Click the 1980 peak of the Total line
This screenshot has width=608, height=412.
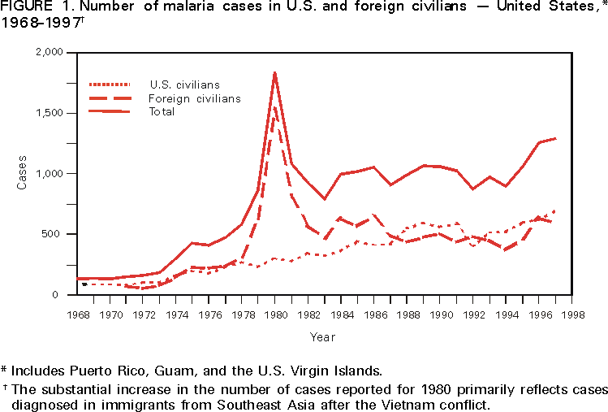pyautogui.click(x=274, y=72)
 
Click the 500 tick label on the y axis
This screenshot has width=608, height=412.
pyautogui.click(x=53, y=234)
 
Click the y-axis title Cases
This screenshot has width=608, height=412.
pyautogui.click(x=22, y=173)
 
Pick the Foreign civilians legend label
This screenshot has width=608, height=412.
pyautogui.click(x=195, y=98)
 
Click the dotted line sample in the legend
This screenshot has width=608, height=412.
pyautogui.click(x=109, y=84)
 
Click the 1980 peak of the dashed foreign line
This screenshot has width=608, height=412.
pyautogui.click(x=274, y=107)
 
